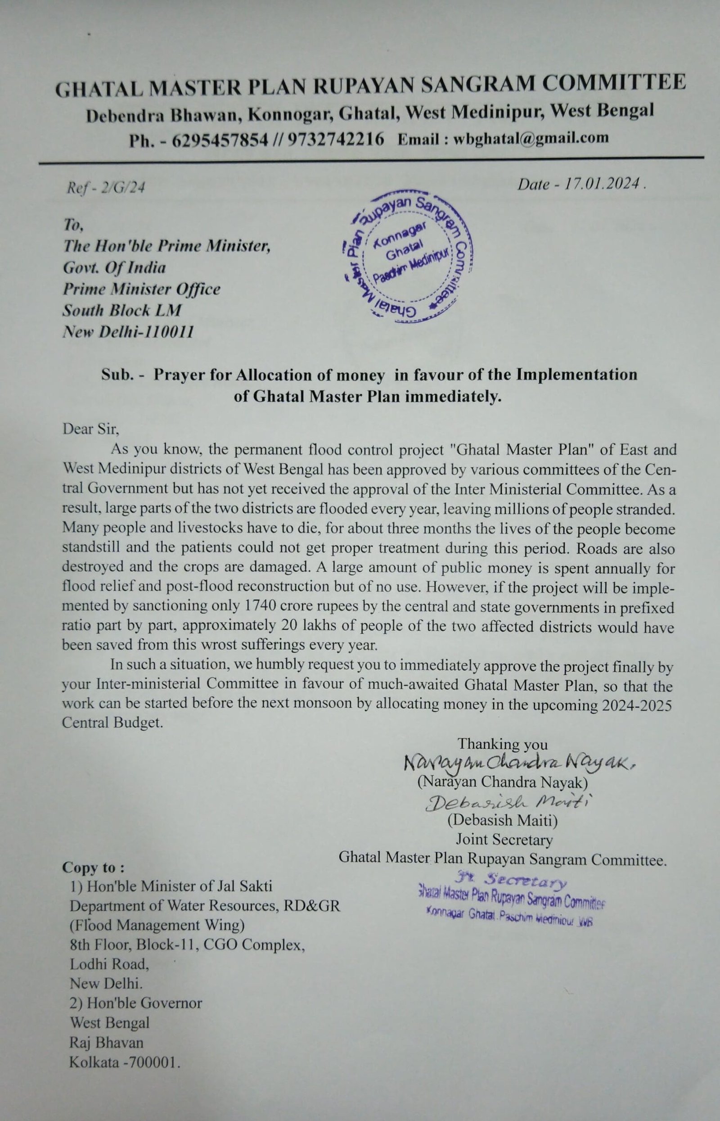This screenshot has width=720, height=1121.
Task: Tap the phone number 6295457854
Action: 220,140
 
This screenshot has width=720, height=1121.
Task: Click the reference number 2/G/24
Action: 125,188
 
